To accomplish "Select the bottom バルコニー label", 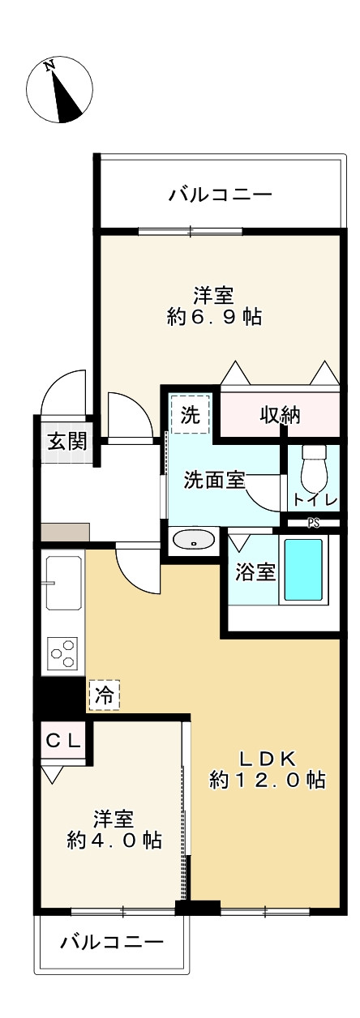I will (x=113, y=942).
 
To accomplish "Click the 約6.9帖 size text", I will (x=214, y=317).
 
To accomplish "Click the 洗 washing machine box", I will (x=191, y=415).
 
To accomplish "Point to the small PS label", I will (x=314, y=523).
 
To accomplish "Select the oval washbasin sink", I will (x=195, y=539).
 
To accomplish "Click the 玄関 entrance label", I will (x=63, y=443).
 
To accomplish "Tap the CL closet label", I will (x=62, y=740).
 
